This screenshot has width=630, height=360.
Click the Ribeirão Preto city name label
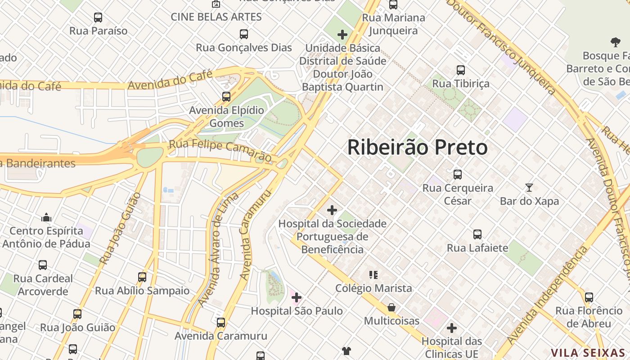point(417,148)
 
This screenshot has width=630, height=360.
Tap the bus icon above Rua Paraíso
point(98,18)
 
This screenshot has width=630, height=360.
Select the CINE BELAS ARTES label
point(216,17)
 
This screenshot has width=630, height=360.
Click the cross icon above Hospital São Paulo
point(297,297)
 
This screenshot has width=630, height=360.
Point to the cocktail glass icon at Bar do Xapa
point(529,187)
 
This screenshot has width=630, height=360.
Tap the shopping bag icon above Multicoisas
point(391,307)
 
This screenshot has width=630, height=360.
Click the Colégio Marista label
point(373,288)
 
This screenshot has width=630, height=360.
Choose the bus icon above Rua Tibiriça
point(460,70)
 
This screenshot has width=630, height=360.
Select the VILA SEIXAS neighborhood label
point(588,353)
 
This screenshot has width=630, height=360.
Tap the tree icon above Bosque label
point(615,43)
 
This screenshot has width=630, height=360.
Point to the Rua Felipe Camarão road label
point(220,150)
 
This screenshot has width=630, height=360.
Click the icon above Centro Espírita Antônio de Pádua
point(46,218)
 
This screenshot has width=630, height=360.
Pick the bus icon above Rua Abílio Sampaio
point(142,277)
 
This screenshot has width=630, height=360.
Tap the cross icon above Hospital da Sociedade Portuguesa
point(332,210)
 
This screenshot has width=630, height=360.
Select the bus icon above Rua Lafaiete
point(477,234)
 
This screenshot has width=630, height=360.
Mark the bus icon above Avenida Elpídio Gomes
point(226,97)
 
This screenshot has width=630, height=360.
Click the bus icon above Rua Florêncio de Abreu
point(589,297)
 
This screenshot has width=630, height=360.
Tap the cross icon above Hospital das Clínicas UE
point(451,328)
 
